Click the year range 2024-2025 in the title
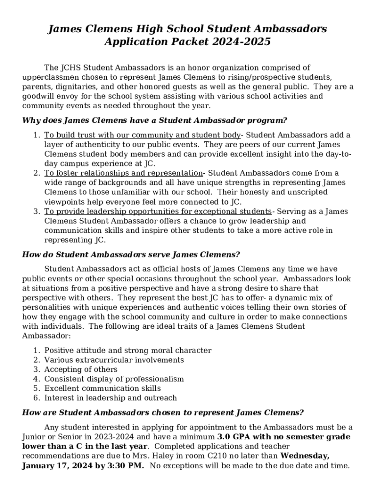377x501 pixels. (241, 42)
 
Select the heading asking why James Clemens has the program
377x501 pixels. (155, 120)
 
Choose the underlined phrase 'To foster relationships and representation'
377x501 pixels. (123, 173)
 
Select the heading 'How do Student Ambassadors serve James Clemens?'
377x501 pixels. (131, 254)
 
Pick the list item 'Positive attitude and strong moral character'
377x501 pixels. (128, 350)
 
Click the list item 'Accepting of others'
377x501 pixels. (81, 369)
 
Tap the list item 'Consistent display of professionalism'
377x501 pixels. (114, 379)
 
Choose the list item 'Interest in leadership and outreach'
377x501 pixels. (111, 398)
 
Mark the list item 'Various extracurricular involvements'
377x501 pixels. (114, 360)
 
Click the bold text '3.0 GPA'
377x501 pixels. (232, 437)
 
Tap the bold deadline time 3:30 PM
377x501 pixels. (125, 466)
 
